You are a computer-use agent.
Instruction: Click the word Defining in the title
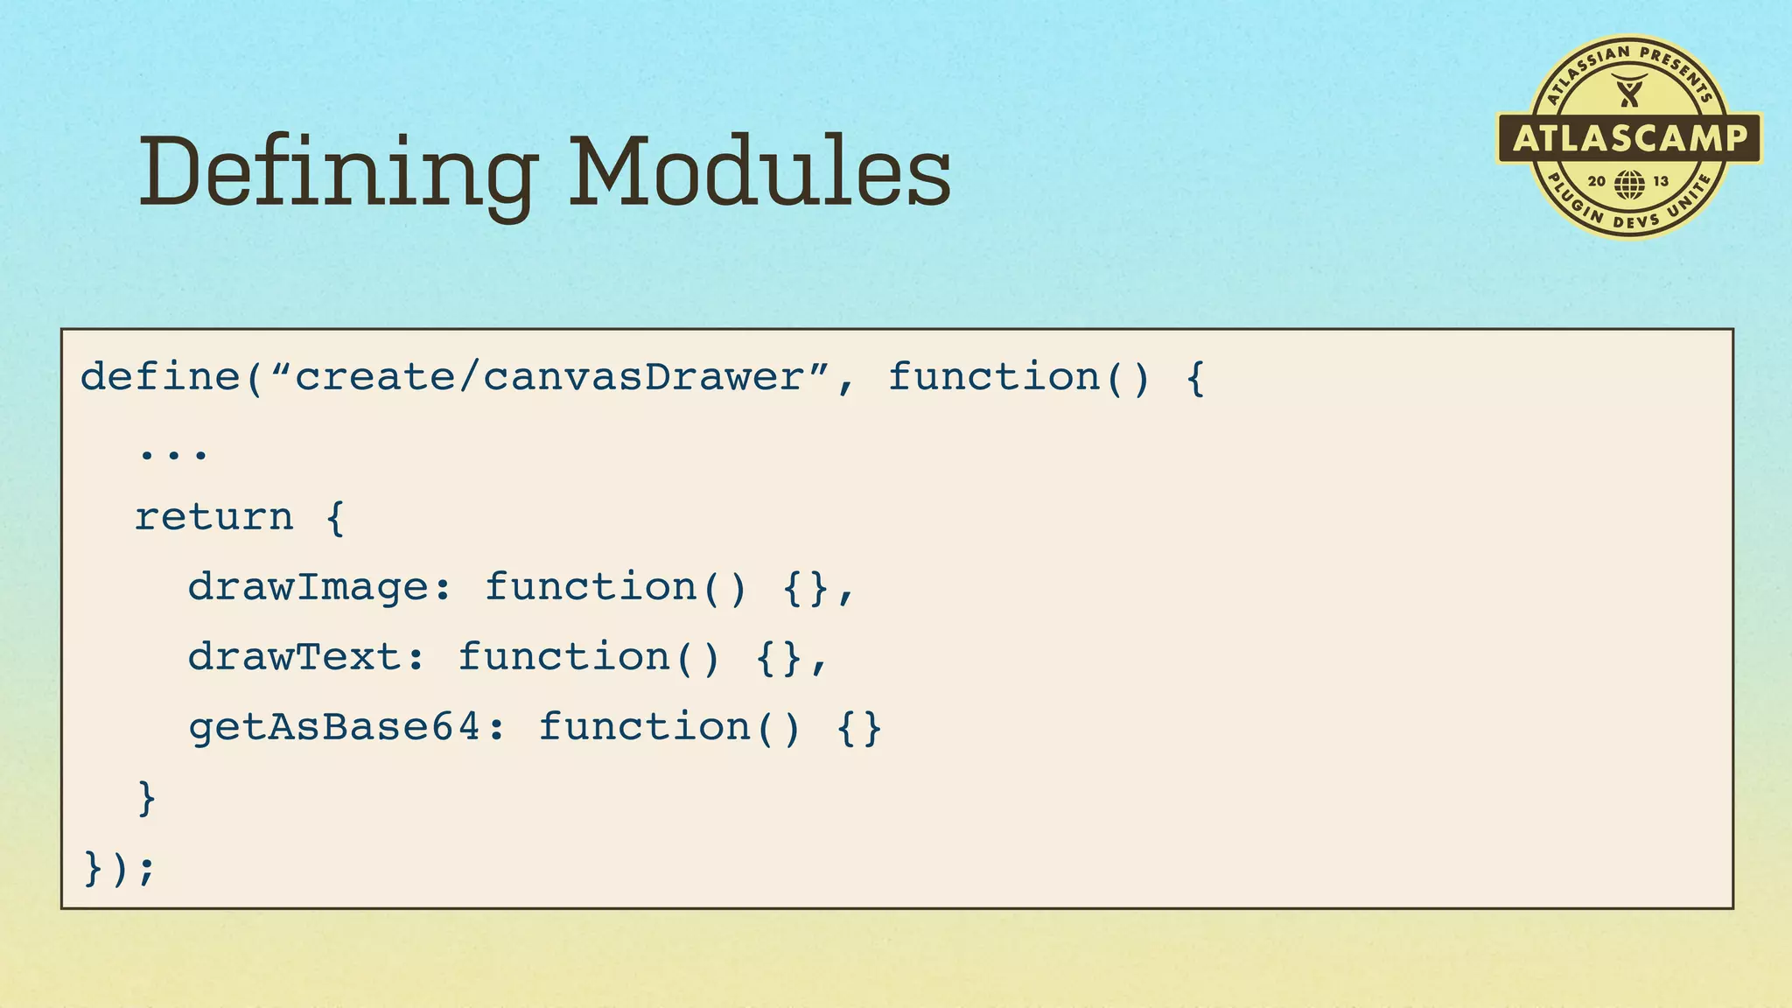click(337, 173)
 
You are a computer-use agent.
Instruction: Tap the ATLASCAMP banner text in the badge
click(1629, 138)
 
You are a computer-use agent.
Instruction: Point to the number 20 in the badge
click(1597, 181)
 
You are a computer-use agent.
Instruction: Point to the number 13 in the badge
click(1661, 181)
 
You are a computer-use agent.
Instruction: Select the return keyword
click(214, 517)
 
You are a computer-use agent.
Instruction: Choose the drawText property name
click(295, 657)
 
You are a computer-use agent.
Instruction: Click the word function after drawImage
click(591, 587)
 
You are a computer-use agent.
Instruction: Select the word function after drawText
click(564, 657)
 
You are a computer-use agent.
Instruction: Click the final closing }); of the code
click(119, 868)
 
